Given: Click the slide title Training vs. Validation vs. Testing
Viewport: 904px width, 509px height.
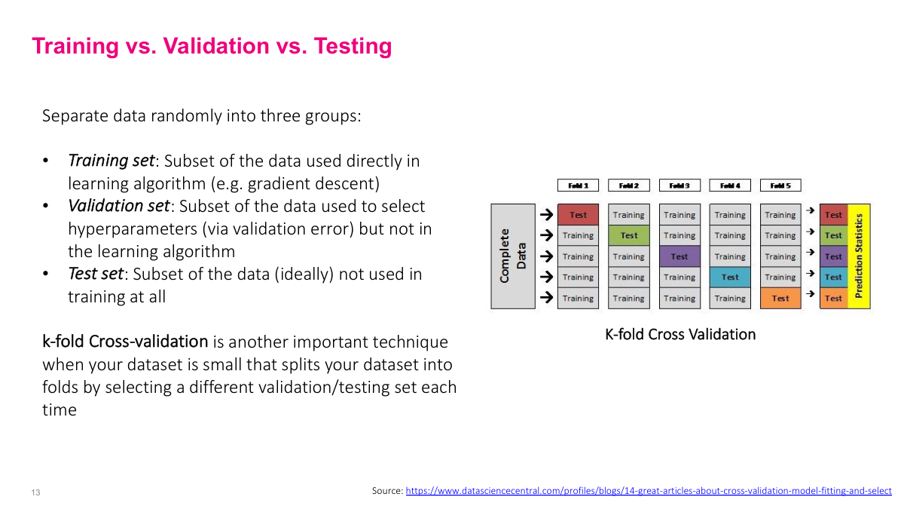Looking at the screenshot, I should [212, 46].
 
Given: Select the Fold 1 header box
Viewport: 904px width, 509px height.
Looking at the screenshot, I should [578, 186].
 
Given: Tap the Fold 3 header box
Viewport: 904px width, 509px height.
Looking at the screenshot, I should [680, 186].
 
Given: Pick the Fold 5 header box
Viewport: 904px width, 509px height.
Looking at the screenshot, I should [780, 186].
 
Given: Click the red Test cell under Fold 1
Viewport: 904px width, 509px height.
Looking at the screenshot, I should [578, 215].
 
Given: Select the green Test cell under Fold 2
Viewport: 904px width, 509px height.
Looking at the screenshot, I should [629, 235].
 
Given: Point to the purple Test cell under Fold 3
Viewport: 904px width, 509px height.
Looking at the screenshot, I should [680, 256].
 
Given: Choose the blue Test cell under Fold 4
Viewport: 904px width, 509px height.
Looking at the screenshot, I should [730, 277].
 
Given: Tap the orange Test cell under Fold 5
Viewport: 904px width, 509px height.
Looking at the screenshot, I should [780, 298].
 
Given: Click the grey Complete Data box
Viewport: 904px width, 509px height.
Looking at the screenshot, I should [513, 256].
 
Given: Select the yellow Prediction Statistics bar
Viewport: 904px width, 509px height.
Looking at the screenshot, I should [859, 256].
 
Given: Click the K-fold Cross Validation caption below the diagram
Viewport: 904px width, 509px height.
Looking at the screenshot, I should [680, 334].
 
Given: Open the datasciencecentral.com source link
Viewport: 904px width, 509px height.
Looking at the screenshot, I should [649, 491].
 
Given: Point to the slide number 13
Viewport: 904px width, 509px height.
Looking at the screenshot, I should [35, 492].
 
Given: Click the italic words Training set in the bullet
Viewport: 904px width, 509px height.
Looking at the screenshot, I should [111, 161].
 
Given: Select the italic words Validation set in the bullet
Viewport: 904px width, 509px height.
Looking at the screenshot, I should [118, 206].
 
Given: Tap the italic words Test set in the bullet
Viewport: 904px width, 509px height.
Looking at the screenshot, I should [95, 274].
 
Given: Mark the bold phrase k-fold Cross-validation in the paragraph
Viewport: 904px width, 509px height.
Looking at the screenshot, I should [125, 342].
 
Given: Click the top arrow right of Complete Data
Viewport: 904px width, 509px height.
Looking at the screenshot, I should [546, 215].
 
